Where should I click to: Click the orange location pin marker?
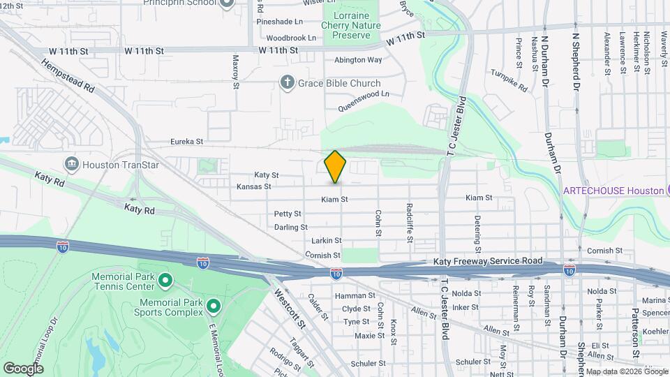(336, 166)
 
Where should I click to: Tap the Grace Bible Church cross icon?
(286, 83)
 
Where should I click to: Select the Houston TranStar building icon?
(71, 164)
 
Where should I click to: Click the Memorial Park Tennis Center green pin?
(165, 281)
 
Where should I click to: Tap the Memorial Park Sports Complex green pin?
(214, 306)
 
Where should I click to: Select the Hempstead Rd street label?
(67, 76)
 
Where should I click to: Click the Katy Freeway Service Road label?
(487, 261)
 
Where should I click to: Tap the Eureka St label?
(189, 141)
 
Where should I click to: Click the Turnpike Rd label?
(509, 80)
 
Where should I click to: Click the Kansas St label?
(253, 186)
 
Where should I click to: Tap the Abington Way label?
(358, 60)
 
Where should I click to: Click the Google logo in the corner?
(23, 368)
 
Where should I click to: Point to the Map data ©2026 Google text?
(626, 371)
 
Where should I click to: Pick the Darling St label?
(290, 227)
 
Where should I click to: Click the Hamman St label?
(350, 295)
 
